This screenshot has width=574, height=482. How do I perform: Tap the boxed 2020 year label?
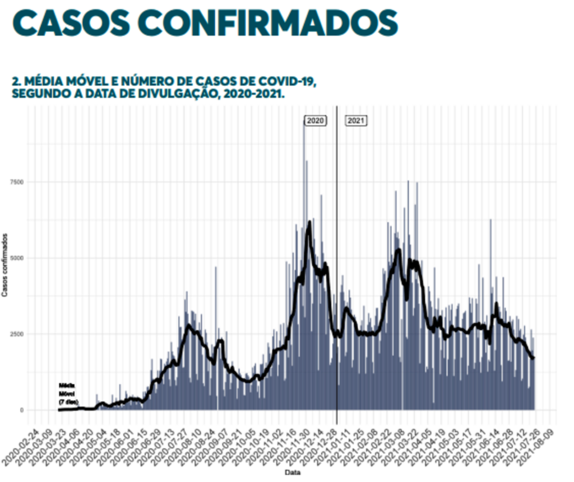click(316, 121)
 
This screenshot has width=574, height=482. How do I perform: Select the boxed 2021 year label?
click(356, 121)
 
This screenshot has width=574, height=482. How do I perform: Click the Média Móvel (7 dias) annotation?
click(69, 393)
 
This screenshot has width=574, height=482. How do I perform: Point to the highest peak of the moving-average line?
click(309, 223)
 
